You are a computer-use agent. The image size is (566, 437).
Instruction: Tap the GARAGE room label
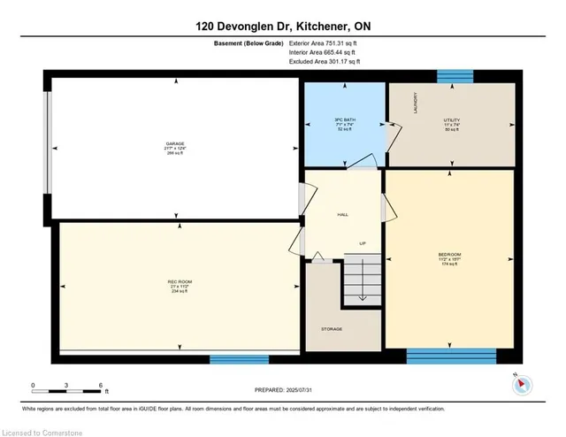(x=175, y=144)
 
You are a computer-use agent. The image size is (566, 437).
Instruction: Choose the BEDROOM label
(x=449, y=259)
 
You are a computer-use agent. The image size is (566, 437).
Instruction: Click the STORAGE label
(x=332, y=329)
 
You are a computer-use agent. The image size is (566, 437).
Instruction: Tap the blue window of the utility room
(x=455, y=76)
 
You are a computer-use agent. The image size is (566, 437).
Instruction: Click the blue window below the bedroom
(x=451, y=356)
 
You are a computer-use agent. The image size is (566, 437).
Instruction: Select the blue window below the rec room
(x=239, y=359)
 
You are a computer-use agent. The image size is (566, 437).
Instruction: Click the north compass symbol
(x=521, y=384)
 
